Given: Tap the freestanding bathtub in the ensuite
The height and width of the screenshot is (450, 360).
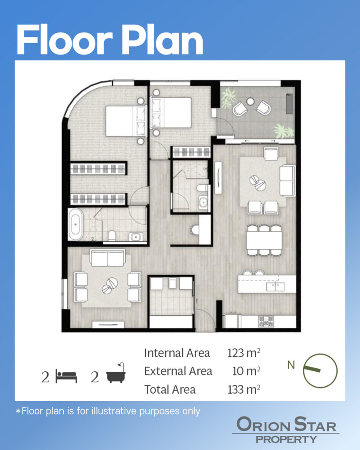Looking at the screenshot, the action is [x=76, y=224].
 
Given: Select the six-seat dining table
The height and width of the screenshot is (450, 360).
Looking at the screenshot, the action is [x=264, y=240].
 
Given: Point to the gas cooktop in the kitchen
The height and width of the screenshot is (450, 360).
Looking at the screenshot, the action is [x=266, y=321].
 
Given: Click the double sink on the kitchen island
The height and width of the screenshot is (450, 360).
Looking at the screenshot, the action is [x=275, y=287].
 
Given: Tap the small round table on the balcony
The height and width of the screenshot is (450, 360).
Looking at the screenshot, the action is [x=251, y=102].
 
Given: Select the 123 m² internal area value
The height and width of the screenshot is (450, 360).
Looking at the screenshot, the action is [x=244, y=353].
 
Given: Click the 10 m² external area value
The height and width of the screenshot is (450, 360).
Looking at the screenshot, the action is [x=246, y=371].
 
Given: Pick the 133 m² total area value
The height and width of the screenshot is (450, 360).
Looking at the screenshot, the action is [x=244, y=389].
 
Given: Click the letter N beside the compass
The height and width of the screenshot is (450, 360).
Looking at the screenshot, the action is [x=291, y=365].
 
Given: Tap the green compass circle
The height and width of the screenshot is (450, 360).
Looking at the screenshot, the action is [x=320, y=354].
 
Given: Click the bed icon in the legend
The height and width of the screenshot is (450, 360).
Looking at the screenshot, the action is [x=66, y=376].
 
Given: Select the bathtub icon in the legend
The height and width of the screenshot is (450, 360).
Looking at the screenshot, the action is [x=116, y=373].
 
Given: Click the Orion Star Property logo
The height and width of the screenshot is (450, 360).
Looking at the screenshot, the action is [x=286, y=430].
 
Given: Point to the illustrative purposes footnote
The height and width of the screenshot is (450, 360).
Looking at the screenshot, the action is [x=108, y=411].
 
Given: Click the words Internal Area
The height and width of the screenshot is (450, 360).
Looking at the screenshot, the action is [x=177, y=353].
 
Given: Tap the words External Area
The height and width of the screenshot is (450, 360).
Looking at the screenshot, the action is [x=178, y=371].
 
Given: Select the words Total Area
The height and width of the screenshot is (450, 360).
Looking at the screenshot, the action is [x=170, y=389].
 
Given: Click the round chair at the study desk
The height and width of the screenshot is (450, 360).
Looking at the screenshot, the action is [x=195, y=229].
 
